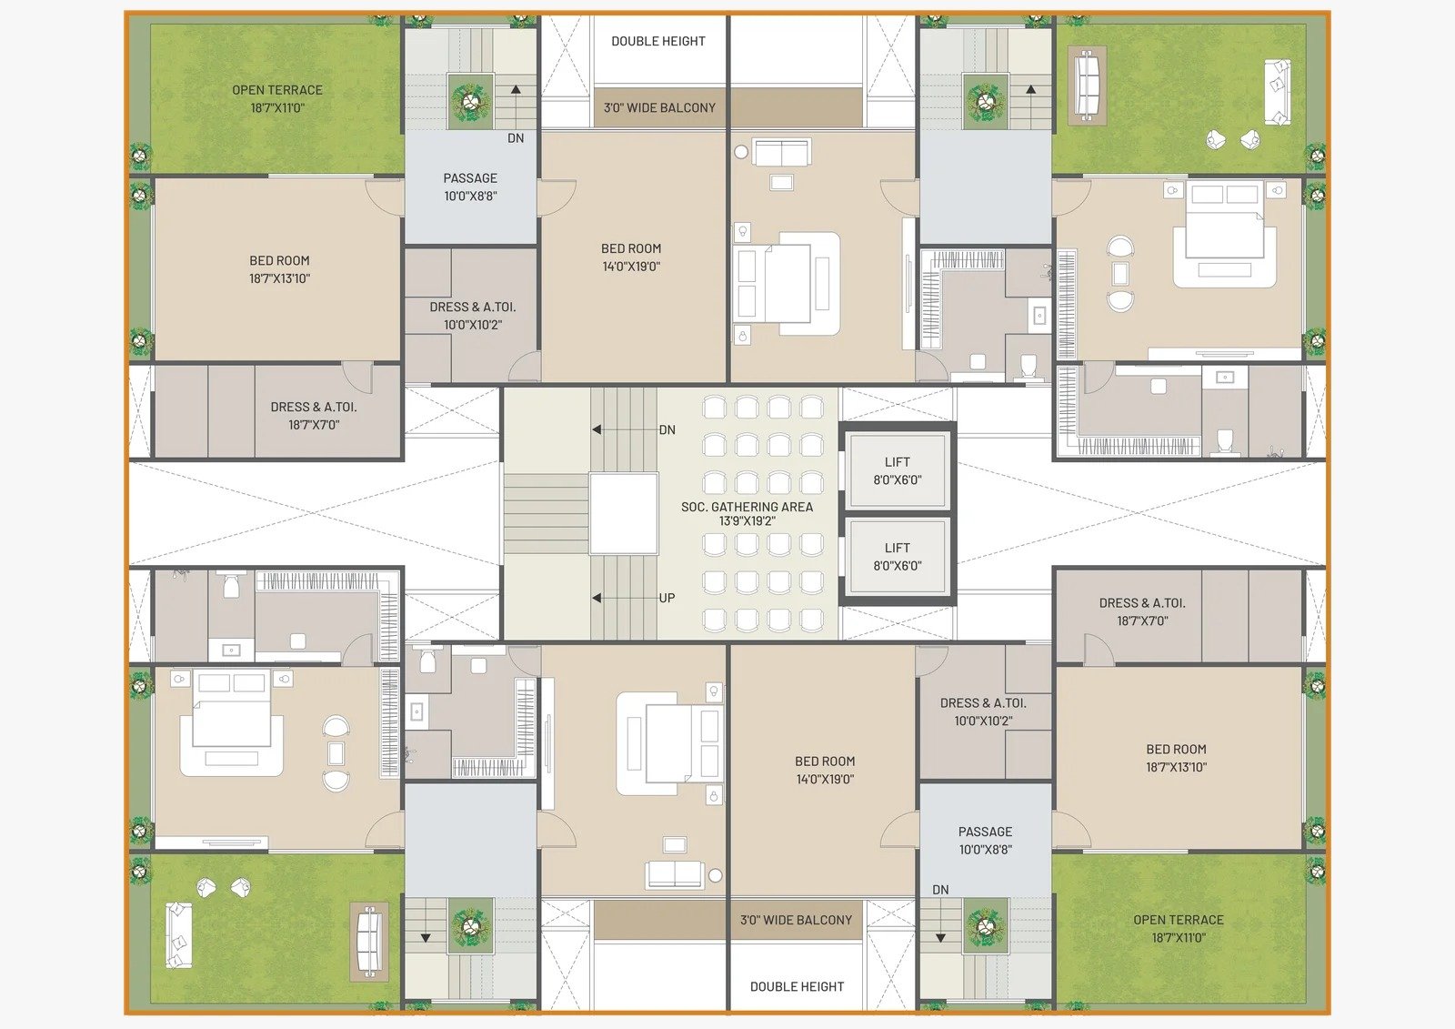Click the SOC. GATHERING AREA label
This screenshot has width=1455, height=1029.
747,507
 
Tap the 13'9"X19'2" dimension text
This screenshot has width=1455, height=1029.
747,520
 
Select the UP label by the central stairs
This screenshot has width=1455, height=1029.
667,598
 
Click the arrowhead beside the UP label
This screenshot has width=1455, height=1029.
597,598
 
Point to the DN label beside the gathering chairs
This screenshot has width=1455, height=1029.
667,429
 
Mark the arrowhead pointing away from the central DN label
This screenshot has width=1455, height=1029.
597,429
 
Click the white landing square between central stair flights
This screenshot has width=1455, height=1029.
624,513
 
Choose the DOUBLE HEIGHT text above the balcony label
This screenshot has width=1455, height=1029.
658,41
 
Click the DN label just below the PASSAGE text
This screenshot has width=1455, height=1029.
940,889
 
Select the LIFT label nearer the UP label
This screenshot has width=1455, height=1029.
897,548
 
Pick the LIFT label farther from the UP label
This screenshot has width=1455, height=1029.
897,462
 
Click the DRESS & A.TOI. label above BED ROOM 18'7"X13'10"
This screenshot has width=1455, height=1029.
1142,603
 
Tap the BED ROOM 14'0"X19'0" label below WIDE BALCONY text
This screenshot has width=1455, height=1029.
631,257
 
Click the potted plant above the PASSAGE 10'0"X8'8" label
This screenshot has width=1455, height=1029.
469,101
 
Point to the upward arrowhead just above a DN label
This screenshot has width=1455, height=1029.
516,90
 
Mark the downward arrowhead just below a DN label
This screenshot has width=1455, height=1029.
940,938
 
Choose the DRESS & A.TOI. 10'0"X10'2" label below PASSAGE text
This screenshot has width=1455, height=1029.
472,316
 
